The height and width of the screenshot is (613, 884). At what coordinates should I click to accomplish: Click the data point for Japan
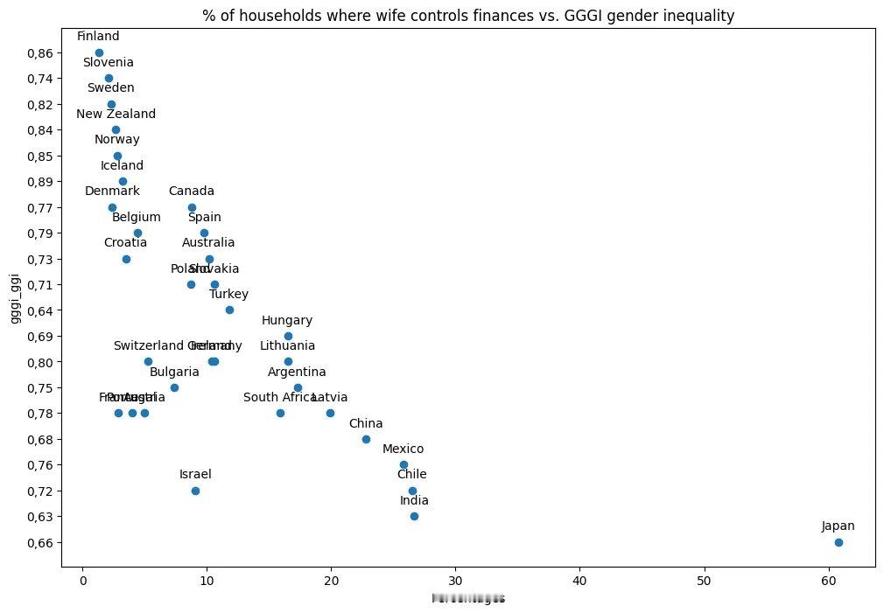[x=838, y=542]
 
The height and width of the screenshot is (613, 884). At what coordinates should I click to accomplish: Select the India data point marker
[x=414, y=516]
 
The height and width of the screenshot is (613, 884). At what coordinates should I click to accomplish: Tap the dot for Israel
[x=195, y=491]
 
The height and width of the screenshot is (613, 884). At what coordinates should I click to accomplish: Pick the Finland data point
[x=99, y=52]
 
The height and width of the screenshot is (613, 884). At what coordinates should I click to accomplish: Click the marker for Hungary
[x=288, y=336]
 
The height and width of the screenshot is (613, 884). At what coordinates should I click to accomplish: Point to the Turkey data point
[x=229, y=310]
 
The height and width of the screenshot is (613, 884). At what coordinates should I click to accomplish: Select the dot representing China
[x=366, y=439]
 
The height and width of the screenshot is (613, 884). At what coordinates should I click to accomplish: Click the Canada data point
[x=192, y=207]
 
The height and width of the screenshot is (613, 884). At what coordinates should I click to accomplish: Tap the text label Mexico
[x=403, y=449]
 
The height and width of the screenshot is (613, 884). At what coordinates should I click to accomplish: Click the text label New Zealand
[x=116, y=114]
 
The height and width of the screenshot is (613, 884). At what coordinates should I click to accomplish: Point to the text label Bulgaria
[x=174, y=372]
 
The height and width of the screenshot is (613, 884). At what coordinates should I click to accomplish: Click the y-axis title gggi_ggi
[x=16, y=298]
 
